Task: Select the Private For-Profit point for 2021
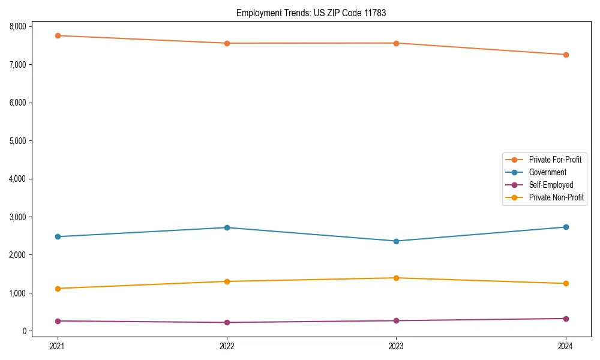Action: point(58,35)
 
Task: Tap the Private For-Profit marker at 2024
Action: point(566,55)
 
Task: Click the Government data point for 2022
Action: point(227,227)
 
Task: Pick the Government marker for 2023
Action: point(396,241)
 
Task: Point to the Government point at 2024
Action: point(566,227)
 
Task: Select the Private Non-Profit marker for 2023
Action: point(396,278)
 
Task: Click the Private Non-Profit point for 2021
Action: point(58,289)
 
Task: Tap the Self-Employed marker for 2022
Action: point(227,322)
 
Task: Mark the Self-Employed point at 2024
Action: point(566,319)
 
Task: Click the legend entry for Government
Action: point(547,172)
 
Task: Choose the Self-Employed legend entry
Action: point(551,185)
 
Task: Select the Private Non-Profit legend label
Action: point(556,197)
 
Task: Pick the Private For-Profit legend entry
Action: point(555,160)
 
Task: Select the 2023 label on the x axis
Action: point(396,346)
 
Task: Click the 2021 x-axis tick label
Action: point(58,346)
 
